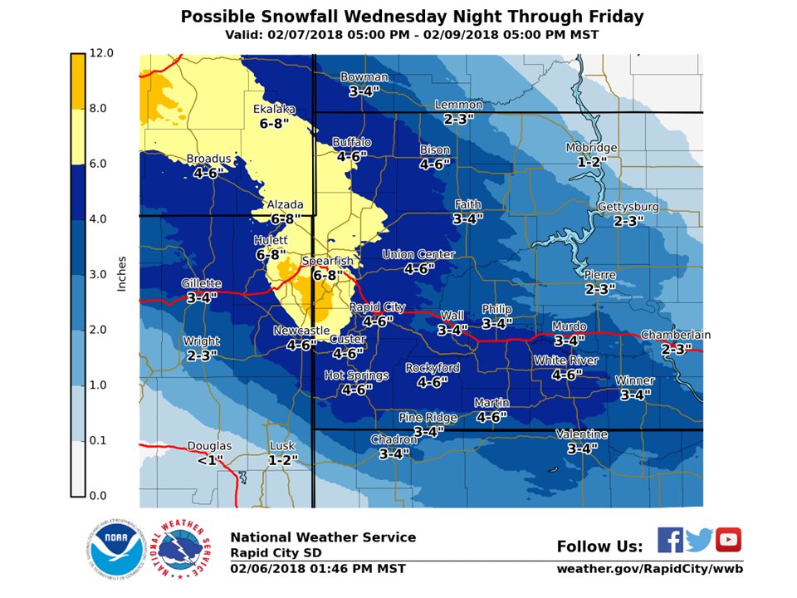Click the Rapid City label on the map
click(x=377, y=307)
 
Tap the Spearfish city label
click(x=327, y=261)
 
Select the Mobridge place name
click(x=591, y=148)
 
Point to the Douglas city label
click(x=209, y=446)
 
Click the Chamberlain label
click(x=675, y=335)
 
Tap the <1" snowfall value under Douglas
click(x=209, y=459)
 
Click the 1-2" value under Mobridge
click(x=591, y=161)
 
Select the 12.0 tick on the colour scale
click(x=100, y=53)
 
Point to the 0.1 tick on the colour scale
click(x=99, y=440)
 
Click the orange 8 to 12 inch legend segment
click(x=77, y=81)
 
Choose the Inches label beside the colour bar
click(x=121, y=274)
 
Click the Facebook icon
click(x=670, y=539)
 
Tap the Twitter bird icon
click(x=699, y=540)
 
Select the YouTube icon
click(x=728, y=539)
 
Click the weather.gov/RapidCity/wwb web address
click(x=649, y=569)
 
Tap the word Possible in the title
click(x=218, y=17)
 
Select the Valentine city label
click(x=581, y=434)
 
